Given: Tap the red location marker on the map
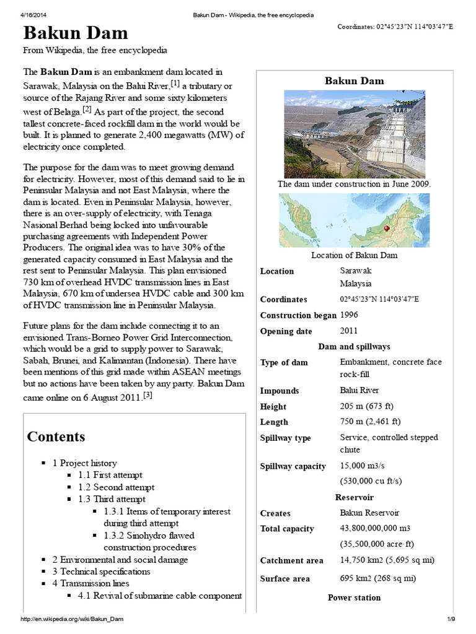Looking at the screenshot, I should coord(386,228).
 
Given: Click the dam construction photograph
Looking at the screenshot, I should coord(354,134).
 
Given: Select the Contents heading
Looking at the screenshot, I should coord(56,436).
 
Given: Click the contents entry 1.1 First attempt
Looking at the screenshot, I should coord(110,475).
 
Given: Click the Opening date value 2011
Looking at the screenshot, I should coord(349,330).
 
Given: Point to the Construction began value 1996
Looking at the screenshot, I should coord(349,315).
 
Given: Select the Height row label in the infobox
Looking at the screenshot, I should coord(273,407).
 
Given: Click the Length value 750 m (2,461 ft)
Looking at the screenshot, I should coord(370,422).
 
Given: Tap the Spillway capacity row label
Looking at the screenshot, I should coord(293,466).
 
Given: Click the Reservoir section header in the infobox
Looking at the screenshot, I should coord(354,497).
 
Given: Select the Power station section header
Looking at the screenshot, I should coord(354,597).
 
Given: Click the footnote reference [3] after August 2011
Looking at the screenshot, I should coord(148,395).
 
